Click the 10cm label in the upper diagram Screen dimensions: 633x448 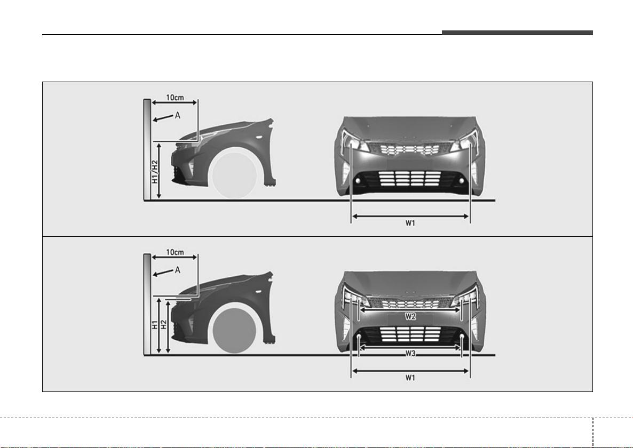point(175,97)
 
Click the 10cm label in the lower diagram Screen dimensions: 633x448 point(175,252)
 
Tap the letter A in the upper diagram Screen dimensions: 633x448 point(178,115)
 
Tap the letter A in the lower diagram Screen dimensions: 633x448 point(178,270)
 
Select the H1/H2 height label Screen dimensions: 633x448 point(155,172)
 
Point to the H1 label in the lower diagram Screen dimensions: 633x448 point(155,325)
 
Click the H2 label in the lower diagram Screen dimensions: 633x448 point(163,325)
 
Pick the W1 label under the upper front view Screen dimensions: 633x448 point(410,223)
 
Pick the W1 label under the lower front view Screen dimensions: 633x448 point(410,378)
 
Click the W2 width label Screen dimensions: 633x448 point(410,317)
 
